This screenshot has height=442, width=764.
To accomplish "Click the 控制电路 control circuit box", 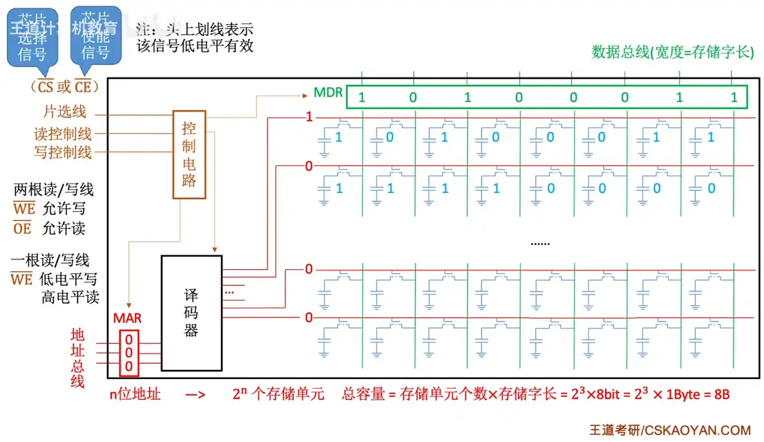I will point(189,155).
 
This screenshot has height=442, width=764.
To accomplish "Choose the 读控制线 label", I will point(63,133).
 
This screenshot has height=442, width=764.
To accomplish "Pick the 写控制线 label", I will point(63,152).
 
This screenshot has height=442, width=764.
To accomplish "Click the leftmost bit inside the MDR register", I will point(361,98).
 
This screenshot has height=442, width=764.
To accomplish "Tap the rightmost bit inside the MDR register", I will point(734,98).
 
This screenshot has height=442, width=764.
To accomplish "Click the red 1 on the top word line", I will point(309,118).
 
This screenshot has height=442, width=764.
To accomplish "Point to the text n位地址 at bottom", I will point(135,394).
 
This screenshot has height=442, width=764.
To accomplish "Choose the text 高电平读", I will point(70,297).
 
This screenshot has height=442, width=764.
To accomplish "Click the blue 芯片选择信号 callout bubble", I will point(32,39).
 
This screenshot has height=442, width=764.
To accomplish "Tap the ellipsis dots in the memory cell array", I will point(539,243).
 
